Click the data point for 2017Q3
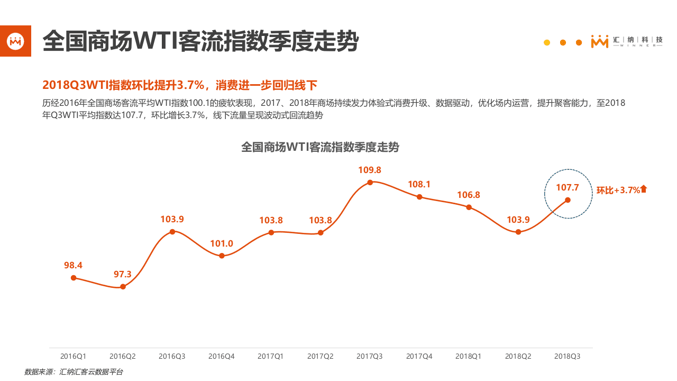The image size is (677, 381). click(x=370, y=182)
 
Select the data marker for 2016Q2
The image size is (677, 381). click(x=123, y=287)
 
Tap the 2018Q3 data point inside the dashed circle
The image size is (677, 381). click(x=568, y=200)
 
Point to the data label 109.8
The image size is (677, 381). click(x=370, y=170)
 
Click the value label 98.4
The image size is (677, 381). click(x=74, y=265)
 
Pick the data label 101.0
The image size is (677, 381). click(x=222, y=244)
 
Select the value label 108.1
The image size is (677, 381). click(x=419, y=184)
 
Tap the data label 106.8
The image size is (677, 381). click(x=469, y=195)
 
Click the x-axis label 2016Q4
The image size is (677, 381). click(x=222, y=357)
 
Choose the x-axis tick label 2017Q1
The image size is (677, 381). click(x=271, y=357)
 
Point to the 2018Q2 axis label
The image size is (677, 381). click(x=518, y=357)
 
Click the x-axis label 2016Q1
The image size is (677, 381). click(x=74, y=357)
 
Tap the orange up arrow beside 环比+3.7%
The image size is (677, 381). click(x=644, y=189)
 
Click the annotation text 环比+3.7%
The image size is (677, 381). click(x=618, y=190)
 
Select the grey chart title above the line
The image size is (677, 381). click(x=320, y=147)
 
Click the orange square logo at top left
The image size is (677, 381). click(x=15, y=41)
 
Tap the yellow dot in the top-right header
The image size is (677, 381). click(x=547, y=42)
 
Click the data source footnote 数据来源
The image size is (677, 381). click(x=74, y=372)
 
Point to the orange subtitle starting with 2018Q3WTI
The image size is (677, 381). click(x=180, y=85)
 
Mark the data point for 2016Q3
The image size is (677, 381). click(x=172, y=231)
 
